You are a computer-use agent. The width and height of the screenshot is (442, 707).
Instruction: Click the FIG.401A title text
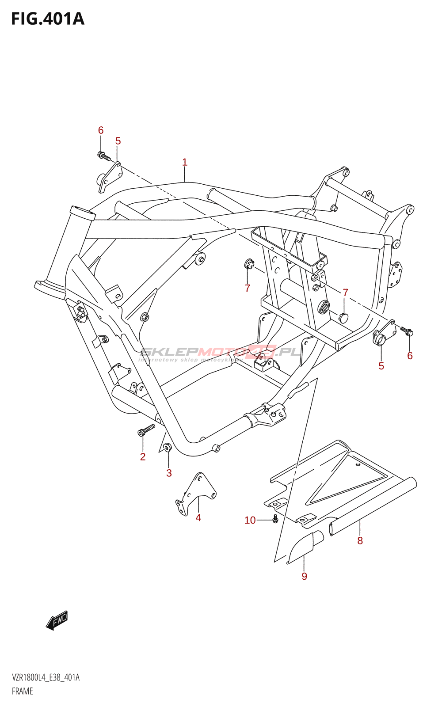tap(47, 19)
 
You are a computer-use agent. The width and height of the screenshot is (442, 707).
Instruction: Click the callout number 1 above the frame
tap(185, 162)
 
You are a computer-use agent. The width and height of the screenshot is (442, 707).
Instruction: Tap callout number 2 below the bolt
tap(143, 457)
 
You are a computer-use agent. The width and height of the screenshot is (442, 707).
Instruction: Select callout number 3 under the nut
tap(169, 473)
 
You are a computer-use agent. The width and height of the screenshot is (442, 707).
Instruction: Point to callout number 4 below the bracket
tap(198, 517)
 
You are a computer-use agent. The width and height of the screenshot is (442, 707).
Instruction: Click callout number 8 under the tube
tap(360, 540)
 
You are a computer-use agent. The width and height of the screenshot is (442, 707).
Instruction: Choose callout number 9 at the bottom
tap(304, 576)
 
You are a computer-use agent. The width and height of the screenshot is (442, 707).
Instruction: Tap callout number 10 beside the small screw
tap(250, 520)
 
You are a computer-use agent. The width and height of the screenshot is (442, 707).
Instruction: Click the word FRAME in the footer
tap(23, 691)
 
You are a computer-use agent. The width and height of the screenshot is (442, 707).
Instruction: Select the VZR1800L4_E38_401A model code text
tap(46, 678)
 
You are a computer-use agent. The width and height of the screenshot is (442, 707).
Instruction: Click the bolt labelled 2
tap(147, 430)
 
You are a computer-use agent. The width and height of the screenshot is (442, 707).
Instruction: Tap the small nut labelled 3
tap(167, 447)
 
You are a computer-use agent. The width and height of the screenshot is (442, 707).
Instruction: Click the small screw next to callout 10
tap(275, 519)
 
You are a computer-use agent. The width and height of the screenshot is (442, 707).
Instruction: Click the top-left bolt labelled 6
tap(103, 156)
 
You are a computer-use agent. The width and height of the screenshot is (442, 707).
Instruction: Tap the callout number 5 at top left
tap(118, 141)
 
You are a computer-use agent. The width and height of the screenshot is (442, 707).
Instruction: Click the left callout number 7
tap(248, 288)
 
